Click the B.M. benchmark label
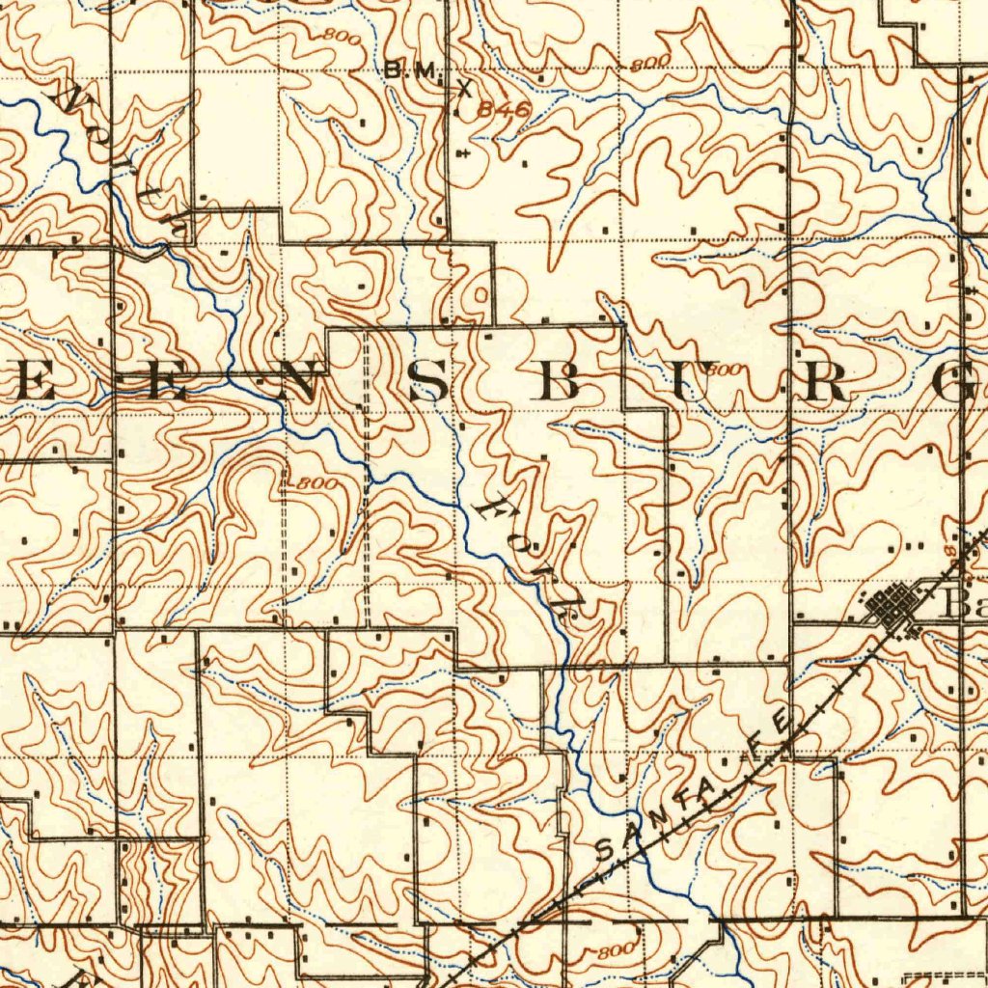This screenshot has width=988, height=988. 412,69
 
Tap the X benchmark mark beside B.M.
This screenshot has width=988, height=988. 465,89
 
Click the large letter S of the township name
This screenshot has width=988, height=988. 427,385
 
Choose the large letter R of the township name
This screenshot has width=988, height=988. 826,385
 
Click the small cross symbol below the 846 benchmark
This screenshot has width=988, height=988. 465,153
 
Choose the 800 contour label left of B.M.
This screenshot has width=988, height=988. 341,38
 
